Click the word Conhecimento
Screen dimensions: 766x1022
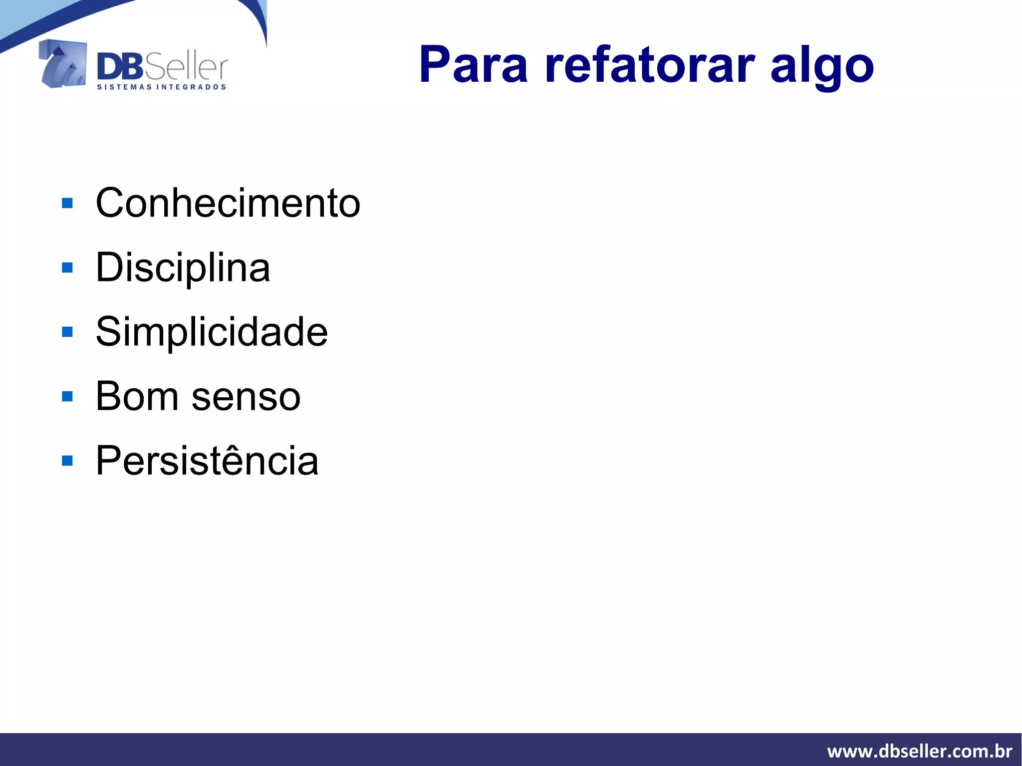228,203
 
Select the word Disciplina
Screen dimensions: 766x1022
183,268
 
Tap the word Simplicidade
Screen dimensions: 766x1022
212,332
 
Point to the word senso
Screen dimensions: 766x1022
246,397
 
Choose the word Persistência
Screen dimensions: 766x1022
207,461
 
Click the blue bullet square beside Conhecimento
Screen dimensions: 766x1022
67,203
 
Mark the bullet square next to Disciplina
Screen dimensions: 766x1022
67,268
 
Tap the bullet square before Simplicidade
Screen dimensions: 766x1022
67,332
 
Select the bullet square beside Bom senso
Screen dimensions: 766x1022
67,396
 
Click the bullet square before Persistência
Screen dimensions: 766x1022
67,461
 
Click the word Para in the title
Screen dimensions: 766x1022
473,65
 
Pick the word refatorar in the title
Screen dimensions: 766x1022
649,65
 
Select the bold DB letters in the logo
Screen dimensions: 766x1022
120,67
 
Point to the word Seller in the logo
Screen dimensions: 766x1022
186,67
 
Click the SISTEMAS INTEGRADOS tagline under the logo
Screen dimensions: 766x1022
161,87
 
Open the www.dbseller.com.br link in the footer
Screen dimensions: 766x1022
919,751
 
